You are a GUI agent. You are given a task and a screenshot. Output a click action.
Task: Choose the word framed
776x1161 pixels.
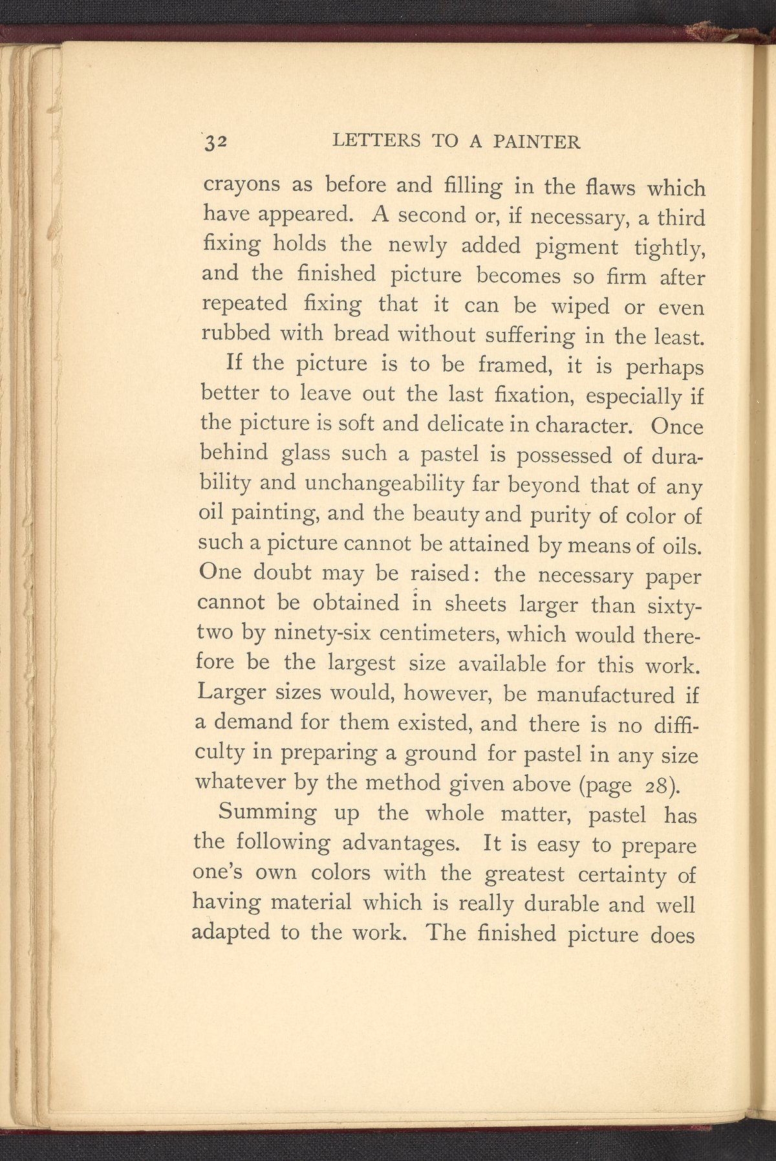point(513,366)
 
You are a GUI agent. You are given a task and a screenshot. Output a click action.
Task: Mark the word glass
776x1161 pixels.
point(305,455)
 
